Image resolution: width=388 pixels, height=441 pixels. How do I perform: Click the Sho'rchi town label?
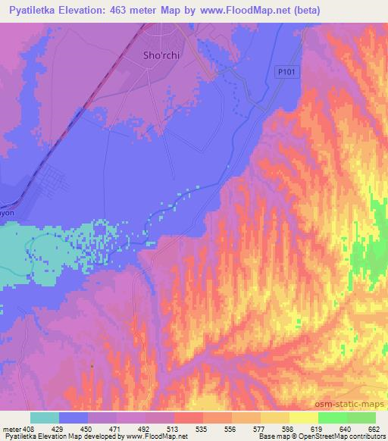[x=161, y=55]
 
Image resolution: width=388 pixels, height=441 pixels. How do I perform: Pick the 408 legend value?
[x=30, y=427]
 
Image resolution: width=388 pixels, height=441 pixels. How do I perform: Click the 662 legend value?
[x=374, y=427]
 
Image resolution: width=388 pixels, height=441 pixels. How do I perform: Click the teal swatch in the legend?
[x=45, y=418]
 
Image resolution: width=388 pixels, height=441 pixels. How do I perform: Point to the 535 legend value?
[x=180, y=427]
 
